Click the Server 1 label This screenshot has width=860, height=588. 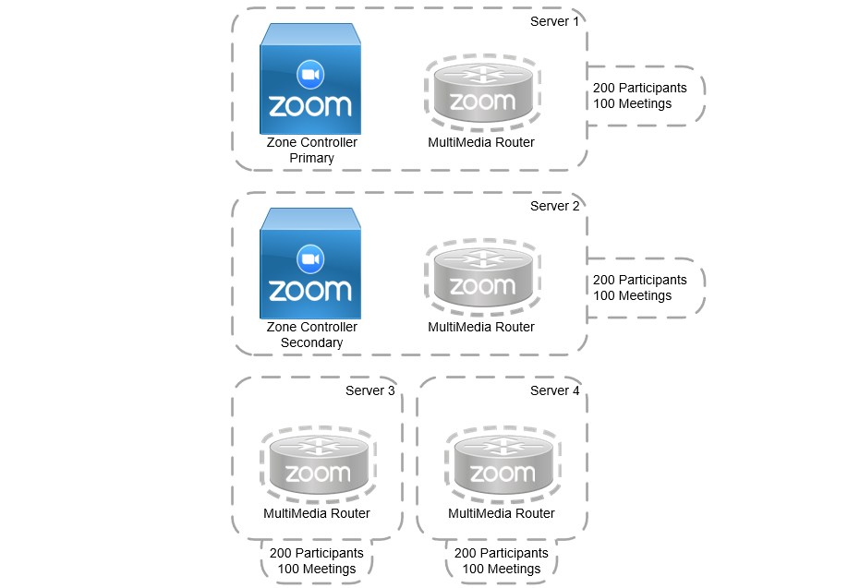click(554, 21)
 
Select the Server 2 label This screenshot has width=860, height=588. click(554, 206)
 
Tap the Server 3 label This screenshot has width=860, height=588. click(369, 390)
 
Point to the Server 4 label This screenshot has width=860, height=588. click(554, 390)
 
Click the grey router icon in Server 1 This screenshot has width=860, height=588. click(481, 95)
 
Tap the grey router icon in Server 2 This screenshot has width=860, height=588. click(481, 280)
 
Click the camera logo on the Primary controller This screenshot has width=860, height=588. click(309, 73)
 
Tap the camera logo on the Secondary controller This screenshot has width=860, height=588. click(309, 258)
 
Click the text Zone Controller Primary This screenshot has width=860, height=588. click(311, 150)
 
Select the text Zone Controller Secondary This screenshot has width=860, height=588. click(311, 335)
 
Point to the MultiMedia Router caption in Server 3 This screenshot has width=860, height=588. click(317, 514)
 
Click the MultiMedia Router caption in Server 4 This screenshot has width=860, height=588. click(502, 514)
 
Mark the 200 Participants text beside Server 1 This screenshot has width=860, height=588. click(639, 88)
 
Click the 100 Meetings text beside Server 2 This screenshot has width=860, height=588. click(632, 296)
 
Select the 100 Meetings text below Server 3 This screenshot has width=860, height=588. click(316, 569)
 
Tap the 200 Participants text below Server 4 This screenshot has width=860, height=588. click(502, 553)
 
